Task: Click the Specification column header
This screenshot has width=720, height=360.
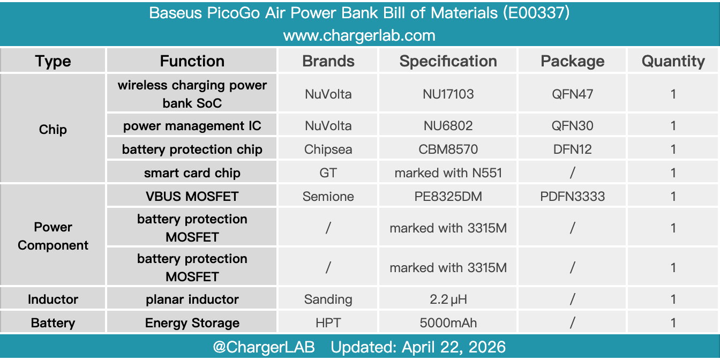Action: pos(448,61)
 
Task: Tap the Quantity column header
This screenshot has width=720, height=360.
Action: pos(673,61)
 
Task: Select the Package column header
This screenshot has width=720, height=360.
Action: pos(572,61)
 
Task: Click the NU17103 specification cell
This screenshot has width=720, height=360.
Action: pos(448,94)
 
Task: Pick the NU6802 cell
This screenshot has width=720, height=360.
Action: pos(448,126)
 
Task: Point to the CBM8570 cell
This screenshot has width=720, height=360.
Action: pos(448,149)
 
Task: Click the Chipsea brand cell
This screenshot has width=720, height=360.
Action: pos(328,149)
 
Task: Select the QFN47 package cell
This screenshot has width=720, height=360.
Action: pos(572,94)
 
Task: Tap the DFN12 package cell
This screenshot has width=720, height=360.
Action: pos(572,149)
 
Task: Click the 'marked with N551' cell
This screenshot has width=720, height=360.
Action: pos(448,173)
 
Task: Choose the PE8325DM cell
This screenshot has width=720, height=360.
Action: pos(448,197)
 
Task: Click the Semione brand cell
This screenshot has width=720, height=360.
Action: pos(328,197)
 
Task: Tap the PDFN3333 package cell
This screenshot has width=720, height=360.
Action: pos(572,197)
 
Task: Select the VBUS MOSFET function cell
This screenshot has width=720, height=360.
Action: pos(192,197)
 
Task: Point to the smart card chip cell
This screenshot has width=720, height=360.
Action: pos(192,173)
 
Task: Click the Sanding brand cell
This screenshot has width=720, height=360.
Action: pos(328,299)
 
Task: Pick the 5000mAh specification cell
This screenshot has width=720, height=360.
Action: pos(448,323)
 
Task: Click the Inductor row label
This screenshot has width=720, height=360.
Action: pos(53,299)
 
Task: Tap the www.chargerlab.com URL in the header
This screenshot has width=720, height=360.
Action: pos(359,35)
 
